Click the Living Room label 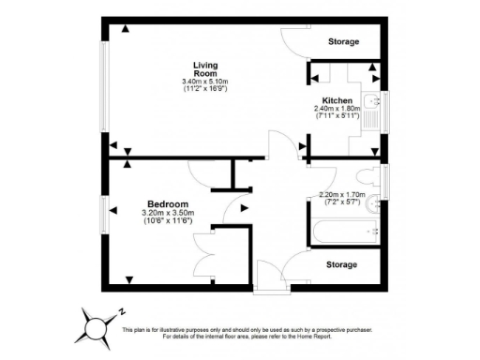tap(205, 68)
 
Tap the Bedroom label tap(169, 204)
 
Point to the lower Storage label tap(342, 265)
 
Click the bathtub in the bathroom tap(347, 231)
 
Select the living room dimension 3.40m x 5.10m tap(205, 82)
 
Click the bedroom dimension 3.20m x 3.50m tap(169, 213)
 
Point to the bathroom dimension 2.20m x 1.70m tap(340, 195)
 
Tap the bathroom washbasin tap(374, 202)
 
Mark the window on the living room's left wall tap(103, 84)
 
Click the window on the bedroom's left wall tap(103, 217)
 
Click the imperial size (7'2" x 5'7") tap(340, 202)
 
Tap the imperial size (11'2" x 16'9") tap(205, 90)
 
